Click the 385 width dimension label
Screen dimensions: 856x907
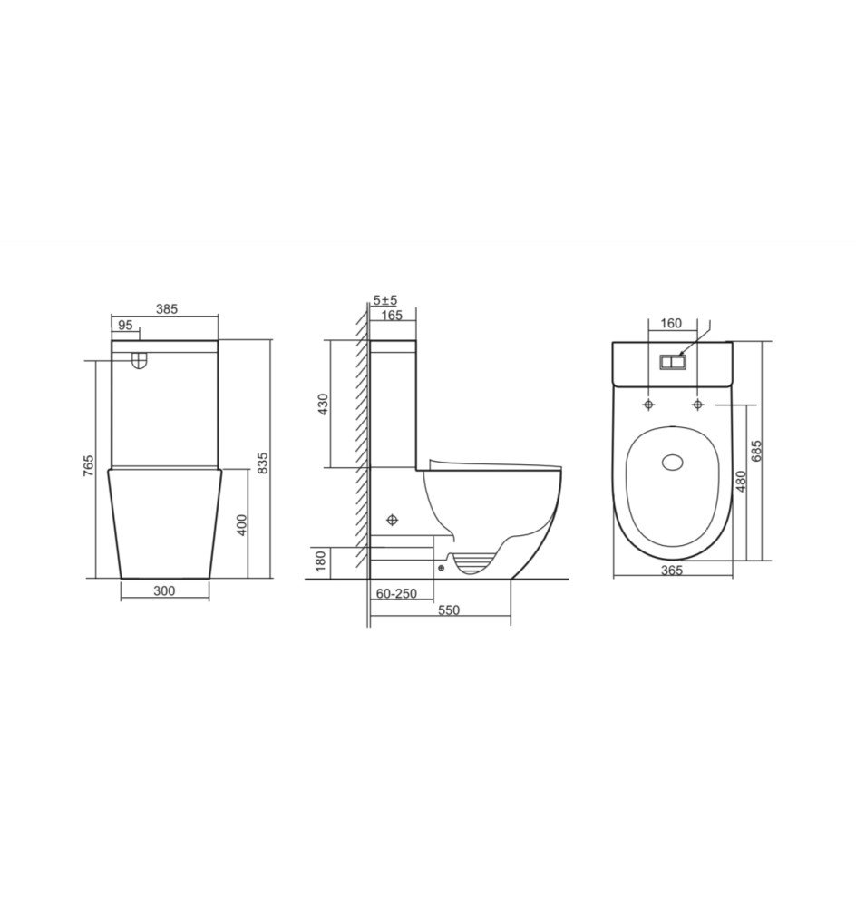(167, 309)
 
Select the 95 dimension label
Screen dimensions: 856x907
(125, 325)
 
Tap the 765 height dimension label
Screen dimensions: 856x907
(88, 465)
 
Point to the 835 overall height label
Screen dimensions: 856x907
(262, 463)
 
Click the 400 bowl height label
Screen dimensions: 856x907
(242, 524)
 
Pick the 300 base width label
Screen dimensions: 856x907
(164, 590)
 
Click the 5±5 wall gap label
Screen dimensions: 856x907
(384, 300)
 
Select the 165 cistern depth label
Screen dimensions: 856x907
(392, 316)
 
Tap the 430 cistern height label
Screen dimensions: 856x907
(324, 404)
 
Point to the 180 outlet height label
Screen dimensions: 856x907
(322, 561)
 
